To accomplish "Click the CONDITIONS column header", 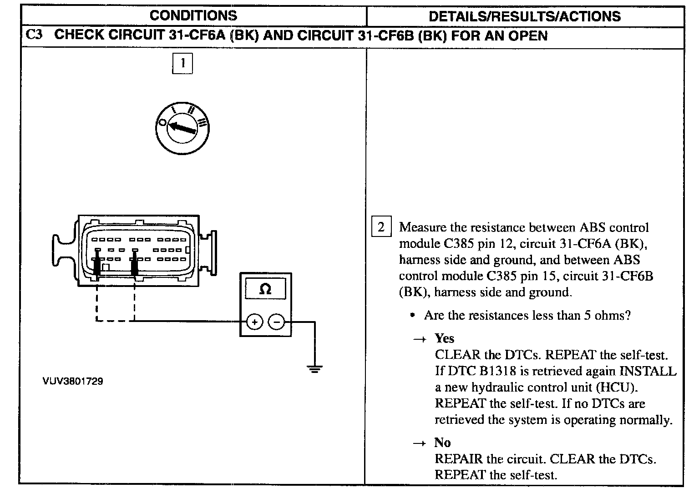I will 193,16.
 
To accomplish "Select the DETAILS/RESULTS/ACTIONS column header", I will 525,16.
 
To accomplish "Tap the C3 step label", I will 34,35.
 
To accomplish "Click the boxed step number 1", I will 182,63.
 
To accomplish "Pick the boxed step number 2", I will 381,226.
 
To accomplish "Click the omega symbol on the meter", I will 265,289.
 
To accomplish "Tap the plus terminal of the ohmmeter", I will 254,322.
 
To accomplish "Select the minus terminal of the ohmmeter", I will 276,322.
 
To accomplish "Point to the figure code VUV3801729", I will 73,381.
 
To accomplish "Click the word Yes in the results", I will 444,338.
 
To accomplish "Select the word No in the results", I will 442,443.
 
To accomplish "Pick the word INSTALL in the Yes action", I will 648,371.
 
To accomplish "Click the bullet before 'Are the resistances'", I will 412,315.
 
